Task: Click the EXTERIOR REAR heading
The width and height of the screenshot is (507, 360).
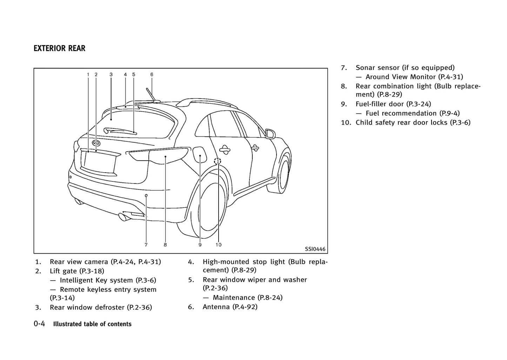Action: [59, 48]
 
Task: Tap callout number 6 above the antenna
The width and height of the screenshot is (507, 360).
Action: [152, 74]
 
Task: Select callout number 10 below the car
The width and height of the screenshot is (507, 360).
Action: [218, 245]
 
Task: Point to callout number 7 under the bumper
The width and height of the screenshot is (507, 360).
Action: [146, 245]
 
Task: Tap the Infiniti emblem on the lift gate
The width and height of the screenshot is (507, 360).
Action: [96, 143]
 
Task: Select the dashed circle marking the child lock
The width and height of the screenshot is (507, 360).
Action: [218, 161]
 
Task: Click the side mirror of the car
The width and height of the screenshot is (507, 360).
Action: [271, 134]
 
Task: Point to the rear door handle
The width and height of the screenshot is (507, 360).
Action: [224, 150]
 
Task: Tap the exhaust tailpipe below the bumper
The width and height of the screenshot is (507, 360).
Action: [124, 217]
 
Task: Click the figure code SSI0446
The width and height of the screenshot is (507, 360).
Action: [315, 249]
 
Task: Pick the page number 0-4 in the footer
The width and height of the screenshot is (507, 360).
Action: [39, 324]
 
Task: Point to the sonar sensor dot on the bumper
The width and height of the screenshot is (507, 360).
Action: [146, 195]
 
